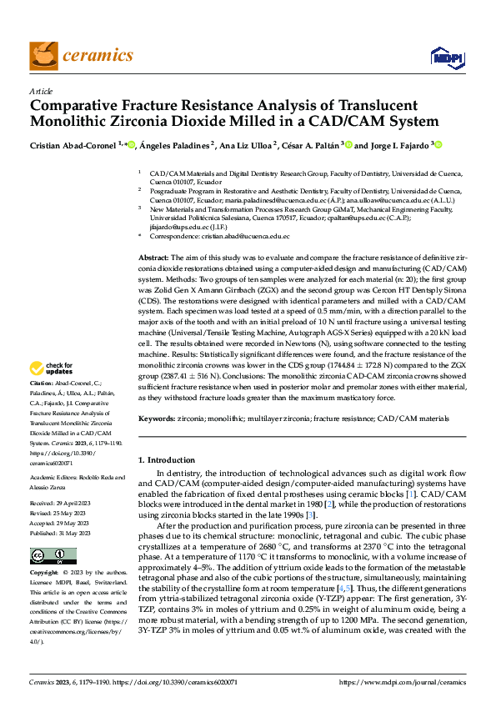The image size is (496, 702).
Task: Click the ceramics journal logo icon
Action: [x=42, y=55]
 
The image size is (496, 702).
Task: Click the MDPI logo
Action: [x=442, y=57]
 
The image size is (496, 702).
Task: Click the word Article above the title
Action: [x=41, y=91]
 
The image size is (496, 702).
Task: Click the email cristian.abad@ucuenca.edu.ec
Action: [x=238, y=237]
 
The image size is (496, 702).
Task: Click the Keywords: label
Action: [x=156, y=419]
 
